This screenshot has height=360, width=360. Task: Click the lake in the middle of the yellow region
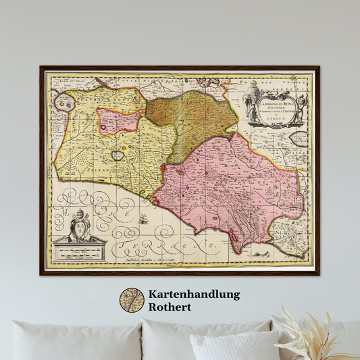[118, 155]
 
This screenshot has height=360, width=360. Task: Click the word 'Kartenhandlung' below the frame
[192, 294]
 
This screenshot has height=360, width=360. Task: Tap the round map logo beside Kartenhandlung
[132, 301]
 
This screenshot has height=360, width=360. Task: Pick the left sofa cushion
[74, 341]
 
